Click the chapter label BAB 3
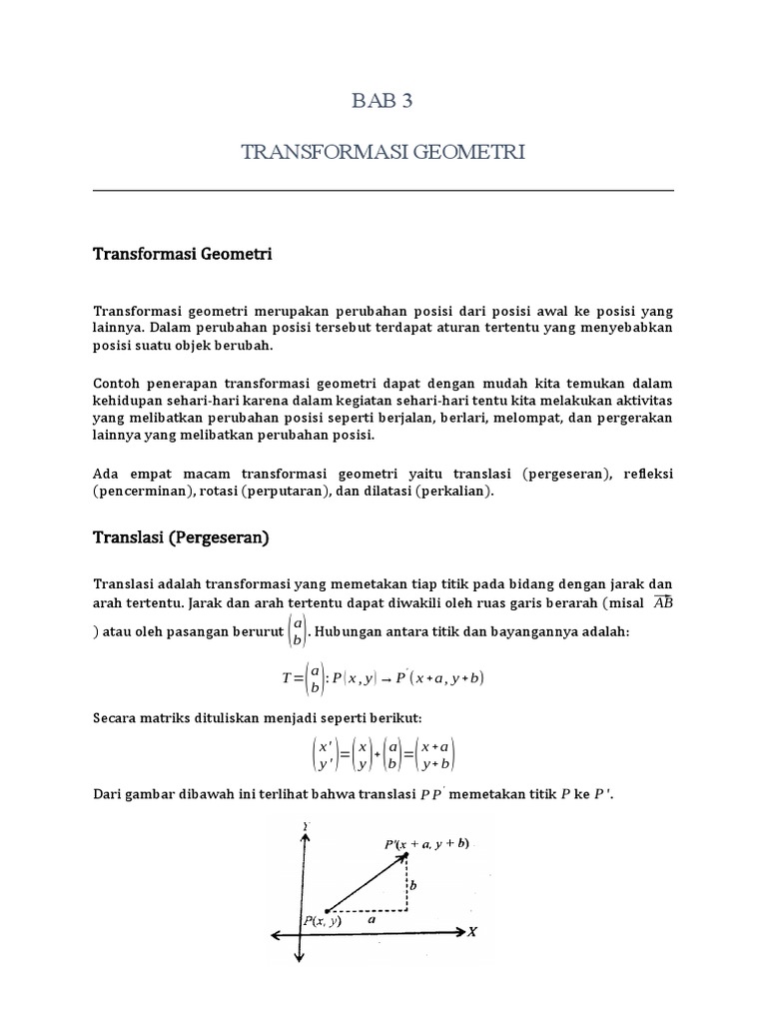(383, 101)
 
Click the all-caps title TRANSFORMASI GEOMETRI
(383, 152)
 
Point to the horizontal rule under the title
(383, 190)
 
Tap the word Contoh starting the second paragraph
(120, 383)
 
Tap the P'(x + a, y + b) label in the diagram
(426, 844)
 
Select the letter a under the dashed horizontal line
(372, 922)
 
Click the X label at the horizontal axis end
(471, 932)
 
